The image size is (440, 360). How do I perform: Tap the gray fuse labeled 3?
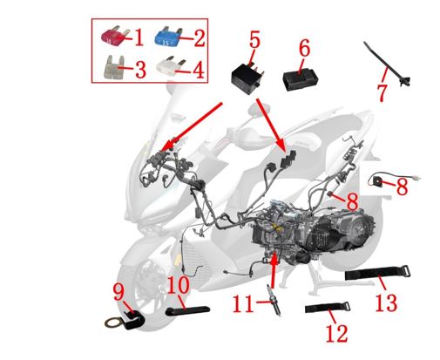pos(114,68)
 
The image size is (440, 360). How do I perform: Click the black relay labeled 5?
pos(247,77)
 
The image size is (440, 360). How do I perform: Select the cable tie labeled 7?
pos(387,65)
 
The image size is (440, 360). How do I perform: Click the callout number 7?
pos(382,92)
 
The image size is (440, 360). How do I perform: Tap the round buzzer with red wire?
pos(377,181)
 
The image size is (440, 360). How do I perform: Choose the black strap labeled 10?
pos(187,310)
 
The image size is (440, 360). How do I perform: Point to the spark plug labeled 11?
pos(274,300)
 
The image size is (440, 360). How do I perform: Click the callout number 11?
pos(243,303)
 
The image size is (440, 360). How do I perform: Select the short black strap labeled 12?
pos(328,308)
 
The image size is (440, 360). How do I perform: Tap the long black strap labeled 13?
pos(377,273)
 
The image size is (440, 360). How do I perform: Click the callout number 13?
pos(386,302)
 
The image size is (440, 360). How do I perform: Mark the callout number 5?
pos(254,39)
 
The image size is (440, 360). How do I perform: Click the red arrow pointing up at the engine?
pos(273,271)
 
